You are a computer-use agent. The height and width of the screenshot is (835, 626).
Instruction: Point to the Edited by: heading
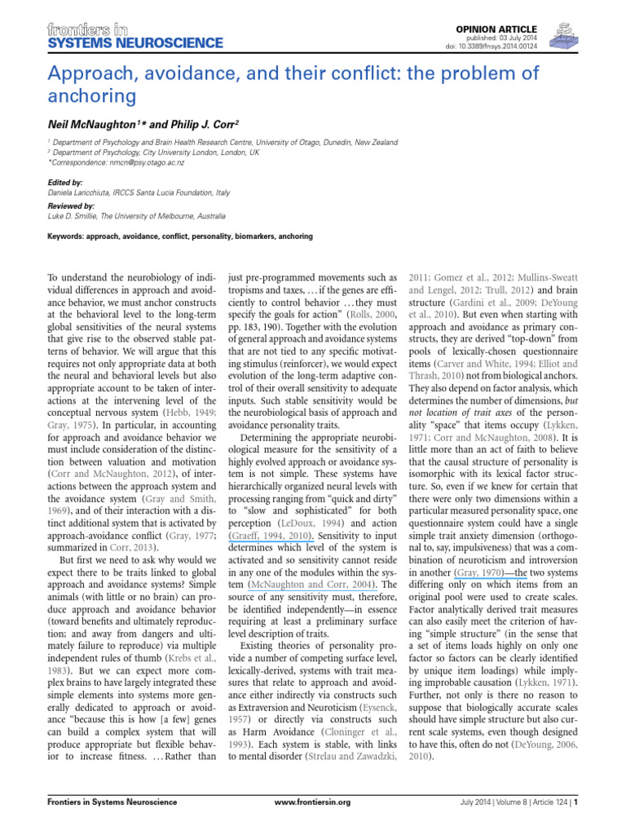[x=65, y=183]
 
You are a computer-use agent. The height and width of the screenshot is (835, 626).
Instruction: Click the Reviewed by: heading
[x=71, y=207]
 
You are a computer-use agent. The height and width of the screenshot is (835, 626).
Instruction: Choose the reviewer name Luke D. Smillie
[x=81, y=216]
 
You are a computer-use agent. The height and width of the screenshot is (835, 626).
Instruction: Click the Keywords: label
[x=68, y=237]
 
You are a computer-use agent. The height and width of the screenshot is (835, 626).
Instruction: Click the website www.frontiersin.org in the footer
[x=312, y=825]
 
